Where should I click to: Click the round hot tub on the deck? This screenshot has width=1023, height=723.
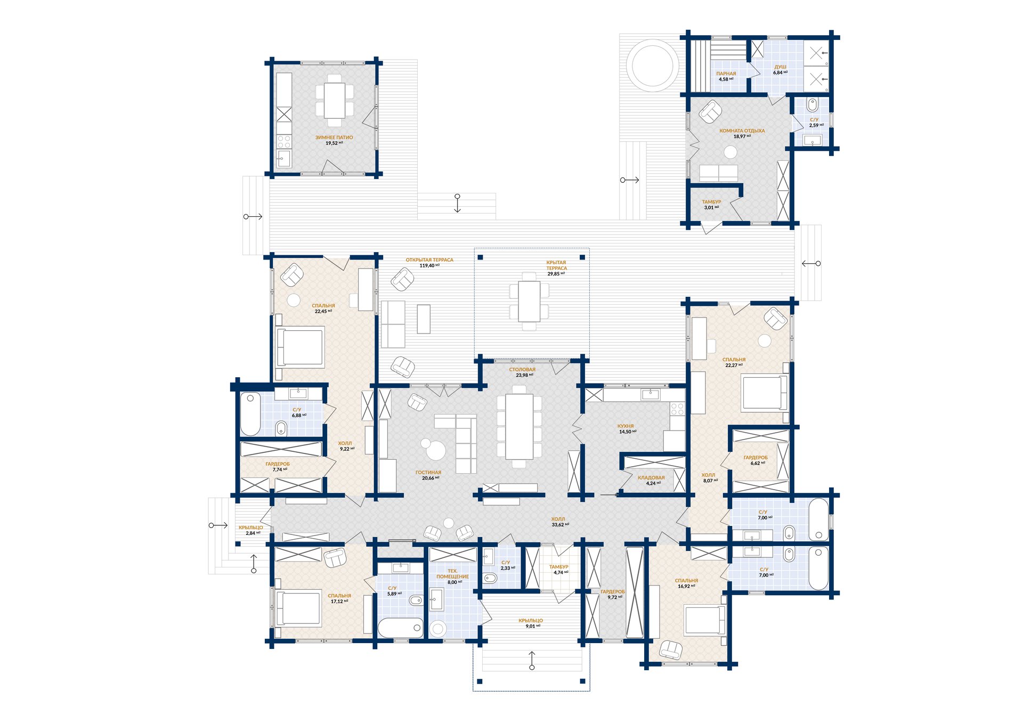point(652,66)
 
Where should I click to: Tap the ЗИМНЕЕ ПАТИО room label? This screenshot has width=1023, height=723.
point(334,137)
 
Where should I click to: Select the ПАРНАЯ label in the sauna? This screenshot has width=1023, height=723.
point(726,74)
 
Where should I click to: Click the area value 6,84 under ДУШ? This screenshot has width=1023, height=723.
point(778,72)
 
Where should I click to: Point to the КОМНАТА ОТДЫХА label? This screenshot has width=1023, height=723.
point(742,131)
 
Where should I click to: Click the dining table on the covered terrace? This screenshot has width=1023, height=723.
point(529,301)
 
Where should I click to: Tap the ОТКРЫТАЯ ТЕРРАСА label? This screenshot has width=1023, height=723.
point(429,260)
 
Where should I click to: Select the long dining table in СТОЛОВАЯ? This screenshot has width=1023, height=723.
point(519,426)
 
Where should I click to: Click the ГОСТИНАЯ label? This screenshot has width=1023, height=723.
point(428,473)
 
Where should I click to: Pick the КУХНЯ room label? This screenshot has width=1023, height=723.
point(626,426)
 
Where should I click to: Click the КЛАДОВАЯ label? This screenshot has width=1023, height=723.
point(651,478)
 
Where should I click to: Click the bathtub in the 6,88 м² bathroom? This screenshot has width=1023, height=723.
point(250,414)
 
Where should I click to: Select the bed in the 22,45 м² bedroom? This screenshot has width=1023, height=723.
point(300,347)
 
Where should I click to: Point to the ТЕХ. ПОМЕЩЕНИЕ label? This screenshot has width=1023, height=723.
point(452,574)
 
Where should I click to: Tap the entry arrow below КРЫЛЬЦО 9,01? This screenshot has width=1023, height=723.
point(532,660)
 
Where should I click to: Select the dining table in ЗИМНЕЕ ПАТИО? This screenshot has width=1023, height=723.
point(335,101)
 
